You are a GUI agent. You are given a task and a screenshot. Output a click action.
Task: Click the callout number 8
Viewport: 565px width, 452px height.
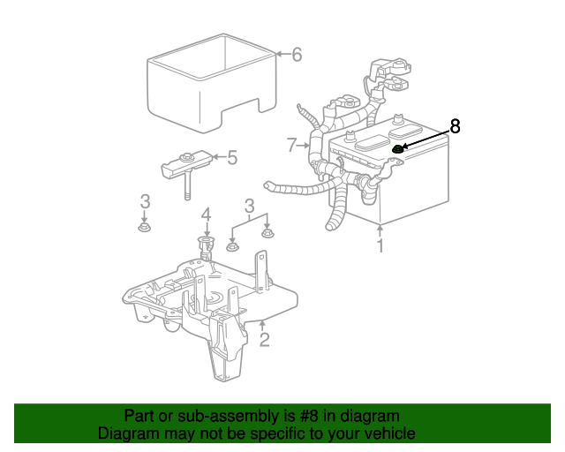(455, 126)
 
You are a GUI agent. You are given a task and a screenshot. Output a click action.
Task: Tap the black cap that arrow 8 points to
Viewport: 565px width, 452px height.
(397, 149)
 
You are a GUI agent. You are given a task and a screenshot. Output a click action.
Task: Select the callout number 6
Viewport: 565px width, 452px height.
(297, 55)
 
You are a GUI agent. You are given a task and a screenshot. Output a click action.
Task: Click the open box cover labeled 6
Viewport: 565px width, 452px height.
(212, 84)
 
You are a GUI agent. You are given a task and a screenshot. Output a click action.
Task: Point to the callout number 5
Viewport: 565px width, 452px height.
(232, 158)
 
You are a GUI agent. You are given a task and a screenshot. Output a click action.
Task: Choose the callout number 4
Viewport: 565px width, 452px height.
(206, 215)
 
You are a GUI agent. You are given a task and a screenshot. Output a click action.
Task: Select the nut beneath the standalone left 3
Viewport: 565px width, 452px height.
(145, 228)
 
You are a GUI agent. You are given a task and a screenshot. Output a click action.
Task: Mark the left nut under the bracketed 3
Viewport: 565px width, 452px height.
(232, 246)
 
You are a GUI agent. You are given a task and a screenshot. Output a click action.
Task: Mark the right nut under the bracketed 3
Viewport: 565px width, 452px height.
(268, 234)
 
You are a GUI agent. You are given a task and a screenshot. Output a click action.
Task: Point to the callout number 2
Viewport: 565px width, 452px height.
(264, 338)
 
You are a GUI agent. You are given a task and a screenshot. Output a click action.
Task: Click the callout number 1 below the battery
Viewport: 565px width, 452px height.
(380, 245)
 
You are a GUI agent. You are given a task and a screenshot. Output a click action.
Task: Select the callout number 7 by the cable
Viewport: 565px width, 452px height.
(291, 144)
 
